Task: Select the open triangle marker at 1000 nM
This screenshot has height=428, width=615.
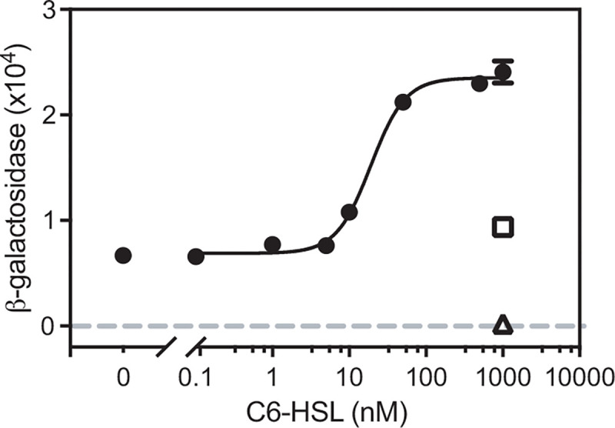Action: point(503,325)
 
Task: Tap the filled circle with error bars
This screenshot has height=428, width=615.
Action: point(503,72)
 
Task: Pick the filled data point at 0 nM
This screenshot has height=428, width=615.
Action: point(123,255)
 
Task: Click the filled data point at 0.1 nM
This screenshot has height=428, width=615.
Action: point(196,256)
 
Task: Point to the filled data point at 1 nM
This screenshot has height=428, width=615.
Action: point(272,244)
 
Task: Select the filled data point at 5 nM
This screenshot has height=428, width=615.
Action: point(326,245)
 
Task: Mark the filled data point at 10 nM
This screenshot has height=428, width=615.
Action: point(349,212)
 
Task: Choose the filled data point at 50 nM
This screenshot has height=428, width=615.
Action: point(403,102)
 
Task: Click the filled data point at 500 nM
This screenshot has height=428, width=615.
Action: point(480,82)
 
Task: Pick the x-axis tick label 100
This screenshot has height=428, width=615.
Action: point(426,377)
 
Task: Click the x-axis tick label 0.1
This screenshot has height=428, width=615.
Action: point(195,377)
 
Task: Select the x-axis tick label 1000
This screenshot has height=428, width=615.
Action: point(503,377)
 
